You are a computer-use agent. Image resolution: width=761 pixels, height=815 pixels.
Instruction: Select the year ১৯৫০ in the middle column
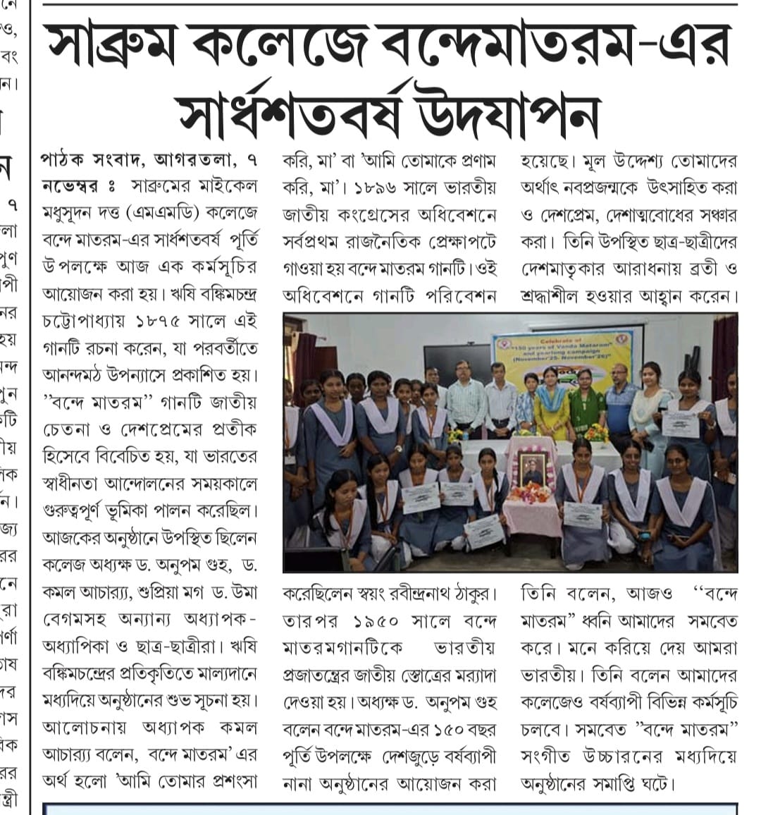(x=380, y=621)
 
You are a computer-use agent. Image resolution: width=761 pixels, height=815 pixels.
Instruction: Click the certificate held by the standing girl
(x=680, y=424)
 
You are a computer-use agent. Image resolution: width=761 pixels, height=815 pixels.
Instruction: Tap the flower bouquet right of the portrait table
(x=596, y=432)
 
